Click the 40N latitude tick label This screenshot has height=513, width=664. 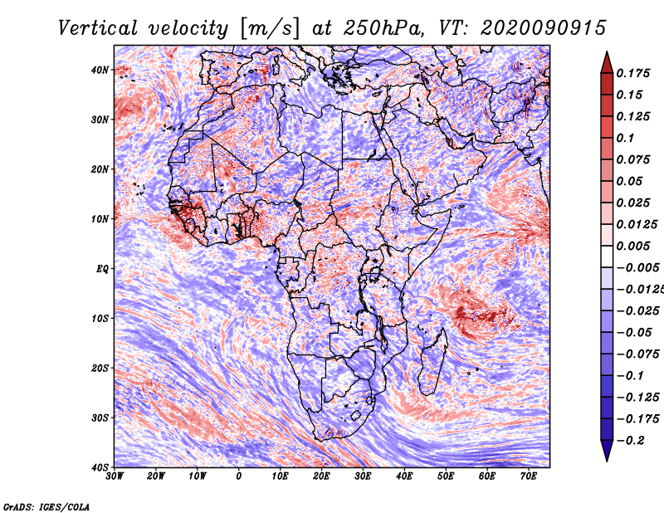100,70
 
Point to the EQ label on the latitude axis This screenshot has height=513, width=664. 101,269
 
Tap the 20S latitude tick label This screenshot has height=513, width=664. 100,368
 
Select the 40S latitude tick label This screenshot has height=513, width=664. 100,467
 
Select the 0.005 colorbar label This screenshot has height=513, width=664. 633,246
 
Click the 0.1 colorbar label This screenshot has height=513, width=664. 625,138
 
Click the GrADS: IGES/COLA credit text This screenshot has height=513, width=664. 46,506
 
